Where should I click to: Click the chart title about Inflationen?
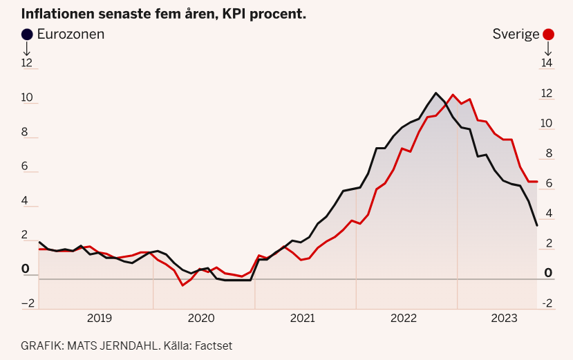click(164, 14)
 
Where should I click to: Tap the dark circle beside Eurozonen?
click(27, 34)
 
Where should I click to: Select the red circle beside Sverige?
click(549, 35)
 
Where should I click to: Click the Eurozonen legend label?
click(71, 34)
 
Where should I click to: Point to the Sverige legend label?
click(516, 35)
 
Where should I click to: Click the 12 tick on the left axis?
click(27, 63)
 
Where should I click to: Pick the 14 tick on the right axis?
click(547, 63)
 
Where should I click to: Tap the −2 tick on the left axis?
click(28, 303)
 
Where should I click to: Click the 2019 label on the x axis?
click(100, 319)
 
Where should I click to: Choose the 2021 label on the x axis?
click(302, 319)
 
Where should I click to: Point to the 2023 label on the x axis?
click(505, 319)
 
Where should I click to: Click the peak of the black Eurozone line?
click(435, 93)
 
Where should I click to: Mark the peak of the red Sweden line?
click(453, 95)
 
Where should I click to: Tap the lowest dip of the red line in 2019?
click(182, 285)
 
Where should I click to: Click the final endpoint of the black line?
click(537, 225)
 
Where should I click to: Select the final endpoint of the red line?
click(537, 182)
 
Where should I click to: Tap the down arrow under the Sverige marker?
click(548, 49)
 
